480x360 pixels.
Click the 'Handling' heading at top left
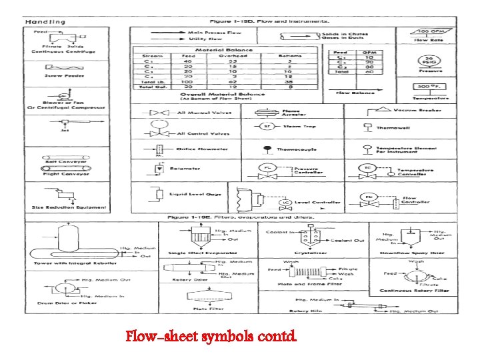pyautogui.click(x=45, y=22)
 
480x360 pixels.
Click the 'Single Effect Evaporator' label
pyautogui.click(x=203, y=253)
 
